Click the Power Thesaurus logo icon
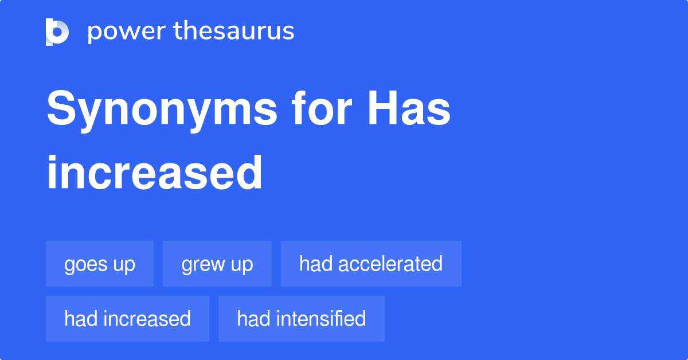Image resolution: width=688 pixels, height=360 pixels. [x=57, y=32]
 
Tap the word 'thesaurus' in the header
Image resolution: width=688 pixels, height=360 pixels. [x=234, y=32]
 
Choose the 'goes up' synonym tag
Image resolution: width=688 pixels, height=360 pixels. [x=100, y=264]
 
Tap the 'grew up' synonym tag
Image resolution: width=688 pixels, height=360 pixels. [x=217, y=264]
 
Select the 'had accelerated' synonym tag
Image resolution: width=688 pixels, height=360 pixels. [x=371, y=264]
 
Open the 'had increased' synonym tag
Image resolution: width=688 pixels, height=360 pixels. [x=127, y=318]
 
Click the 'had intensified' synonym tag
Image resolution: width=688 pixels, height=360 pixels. [x=302, y=318]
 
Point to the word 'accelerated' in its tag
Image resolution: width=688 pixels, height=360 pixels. [x=390, y=264]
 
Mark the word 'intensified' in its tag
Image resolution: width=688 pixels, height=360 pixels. [x=321, y=318]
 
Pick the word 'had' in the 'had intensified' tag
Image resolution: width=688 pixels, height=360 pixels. [x=249, y=318]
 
